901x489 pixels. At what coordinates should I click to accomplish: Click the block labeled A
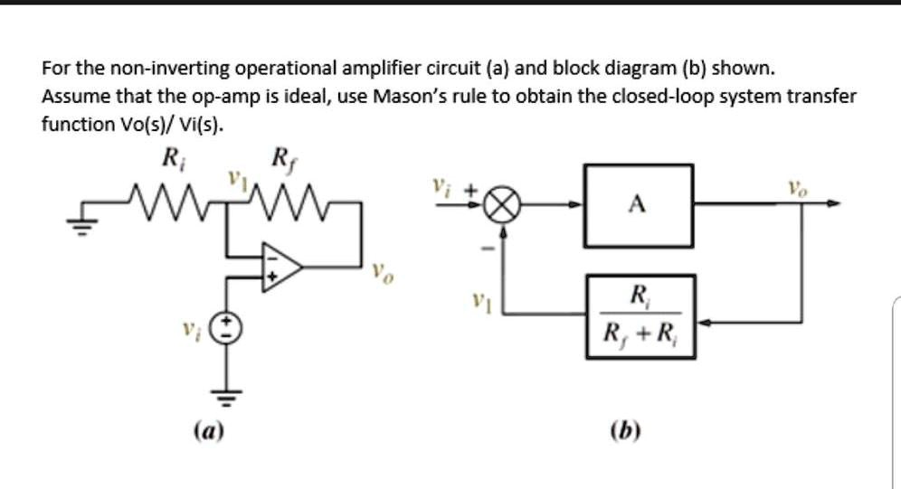click(638, 206)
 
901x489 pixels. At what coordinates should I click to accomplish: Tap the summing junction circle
click(503, 206)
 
